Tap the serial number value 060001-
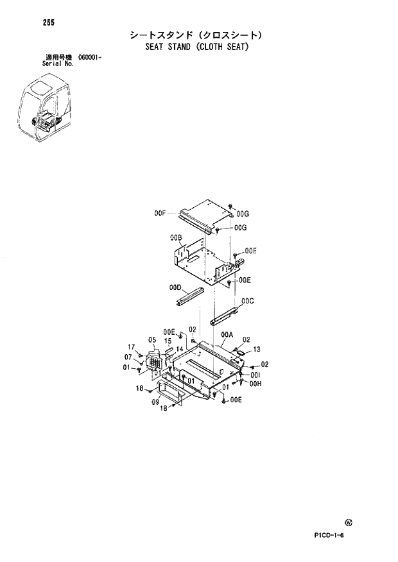point(90,58)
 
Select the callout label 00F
point(160,212)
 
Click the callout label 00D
point(176,288)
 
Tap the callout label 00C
point(248,300)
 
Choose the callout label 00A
point(227,334)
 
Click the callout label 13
point(256,350)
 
